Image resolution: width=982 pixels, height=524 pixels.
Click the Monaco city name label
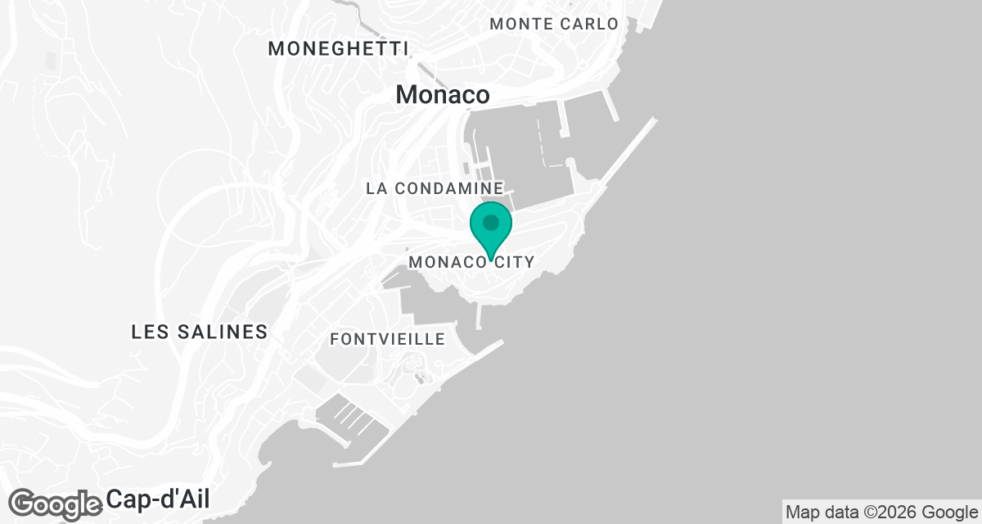(x=443, y=95)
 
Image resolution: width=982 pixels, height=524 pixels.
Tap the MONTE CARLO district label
(x=554, y=24)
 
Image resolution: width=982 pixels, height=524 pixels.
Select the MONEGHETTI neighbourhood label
(x=338, y=49)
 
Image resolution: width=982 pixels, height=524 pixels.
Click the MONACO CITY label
(x=471, y=263)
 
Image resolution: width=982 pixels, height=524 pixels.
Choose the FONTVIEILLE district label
(x=388, y=339)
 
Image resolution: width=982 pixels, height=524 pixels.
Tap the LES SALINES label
(x=200, y=332)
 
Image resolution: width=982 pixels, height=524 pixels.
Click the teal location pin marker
(x=491, y=230)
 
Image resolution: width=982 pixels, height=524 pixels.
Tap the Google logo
(x=56, y=504)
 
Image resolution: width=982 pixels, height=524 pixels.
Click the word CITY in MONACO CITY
(x=514, y=263)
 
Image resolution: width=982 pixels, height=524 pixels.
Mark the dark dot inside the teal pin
(x=491, y=223)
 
